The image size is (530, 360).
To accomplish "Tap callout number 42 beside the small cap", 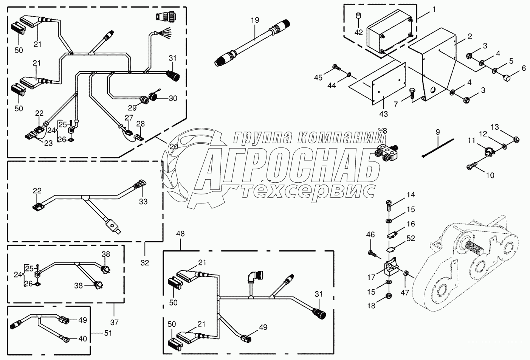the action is [x=358, y=32].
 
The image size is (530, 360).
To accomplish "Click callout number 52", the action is [x=411, y=239].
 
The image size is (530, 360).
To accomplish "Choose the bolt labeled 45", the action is [x=337, y=68].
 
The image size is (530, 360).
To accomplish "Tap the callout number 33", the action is [x=143, y=202].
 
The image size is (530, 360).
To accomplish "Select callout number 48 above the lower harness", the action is [x=180, y=234].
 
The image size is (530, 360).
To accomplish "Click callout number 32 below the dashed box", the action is [x=145, y=262].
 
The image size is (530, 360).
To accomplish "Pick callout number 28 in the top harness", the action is [x=140, y=124].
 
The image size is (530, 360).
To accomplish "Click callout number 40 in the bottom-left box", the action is [x=82, y=339].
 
